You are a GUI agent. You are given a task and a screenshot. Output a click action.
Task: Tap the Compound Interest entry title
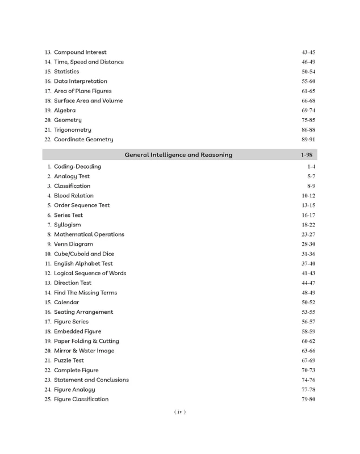pyautogui.click(x=80, y=52)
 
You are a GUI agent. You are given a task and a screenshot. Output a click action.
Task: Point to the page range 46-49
pyautogui.click(x=308, y=62)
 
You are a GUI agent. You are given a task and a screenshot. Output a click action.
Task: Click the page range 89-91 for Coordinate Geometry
pyautogui.click(x=308, y=140)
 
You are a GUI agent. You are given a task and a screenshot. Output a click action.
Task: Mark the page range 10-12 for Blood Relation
pyautogui.click(x=308, y=196)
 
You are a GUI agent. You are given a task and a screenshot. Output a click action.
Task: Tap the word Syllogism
pyautogui.click(x=67, y=225)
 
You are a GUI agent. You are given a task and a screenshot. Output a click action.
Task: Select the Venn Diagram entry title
pyautogui.click(x=73, y=244)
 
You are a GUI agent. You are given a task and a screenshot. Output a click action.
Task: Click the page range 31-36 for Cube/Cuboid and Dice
pyautogui.click(x=308, y=254)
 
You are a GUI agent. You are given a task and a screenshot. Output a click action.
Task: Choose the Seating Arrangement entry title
pyautogui.click(x=83, y=312)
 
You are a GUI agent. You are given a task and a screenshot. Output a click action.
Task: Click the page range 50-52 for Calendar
pyautogui.click(x=308, y=302)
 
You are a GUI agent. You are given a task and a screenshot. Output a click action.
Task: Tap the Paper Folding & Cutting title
pyautogui.click(x=86, y=341)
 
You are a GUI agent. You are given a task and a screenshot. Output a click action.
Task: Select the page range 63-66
pyautogui.click(x=308, y=351)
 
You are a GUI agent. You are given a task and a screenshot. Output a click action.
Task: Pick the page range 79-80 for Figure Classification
pyautogui.click(x=308, y=400)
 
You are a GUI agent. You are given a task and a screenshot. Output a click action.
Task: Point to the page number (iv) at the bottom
pyautogui.click(x=179, y=412)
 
